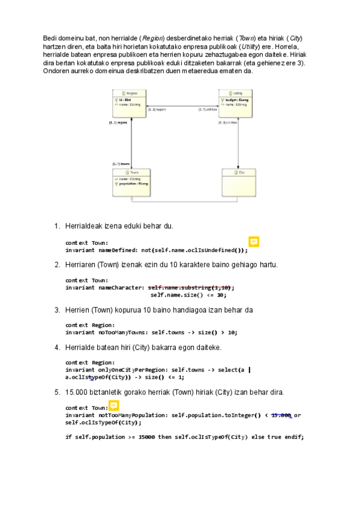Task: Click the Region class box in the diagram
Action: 130,103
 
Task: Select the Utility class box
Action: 235,103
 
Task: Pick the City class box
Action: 239,180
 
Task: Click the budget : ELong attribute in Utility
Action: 233,100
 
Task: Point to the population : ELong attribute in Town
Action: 133,183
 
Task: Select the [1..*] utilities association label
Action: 208,110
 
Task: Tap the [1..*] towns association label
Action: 121,163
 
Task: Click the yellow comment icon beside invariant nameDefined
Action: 254,242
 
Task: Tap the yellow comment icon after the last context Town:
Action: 113,406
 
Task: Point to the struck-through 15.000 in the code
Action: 281,415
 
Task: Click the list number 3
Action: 57,310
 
